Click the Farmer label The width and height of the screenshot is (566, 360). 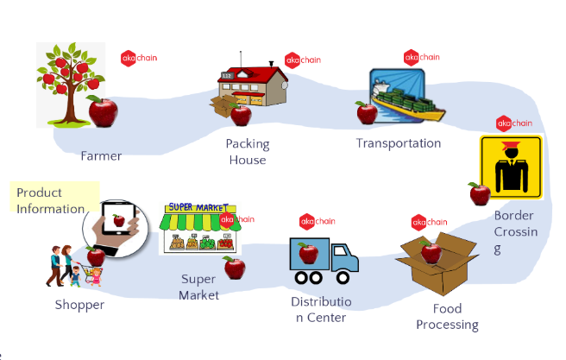(x=101, y=156)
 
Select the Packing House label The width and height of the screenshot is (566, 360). (x=248, y=151)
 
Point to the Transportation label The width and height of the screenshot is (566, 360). (x=399, y=143)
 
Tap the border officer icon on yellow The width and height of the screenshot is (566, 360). (x=510, y=167)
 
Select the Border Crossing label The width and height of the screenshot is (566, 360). (x=515, y=231)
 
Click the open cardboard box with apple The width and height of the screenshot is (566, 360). (x=437, y=264)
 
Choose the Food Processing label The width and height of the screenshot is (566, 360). (x=447, y=317)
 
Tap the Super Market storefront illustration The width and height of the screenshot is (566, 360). (x=198, y=229)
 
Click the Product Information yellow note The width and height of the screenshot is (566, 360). (x=53, y=199)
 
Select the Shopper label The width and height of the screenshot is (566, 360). (x=79, y=305)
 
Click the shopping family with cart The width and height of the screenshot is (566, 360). (x=74, y=266)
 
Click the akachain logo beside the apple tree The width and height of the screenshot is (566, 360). (x=138, y=58)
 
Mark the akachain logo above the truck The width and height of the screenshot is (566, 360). (x=317, y=221)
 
